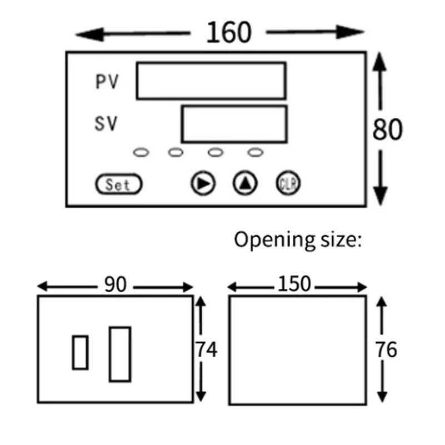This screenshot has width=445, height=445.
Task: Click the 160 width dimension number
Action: (228, 33)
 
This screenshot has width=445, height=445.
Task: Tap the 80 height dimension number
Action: (387, 129)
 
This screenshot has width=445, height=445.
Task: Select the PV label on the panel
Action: (106, 82)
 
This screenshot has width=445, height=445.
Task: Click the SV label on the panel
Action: (106, 124)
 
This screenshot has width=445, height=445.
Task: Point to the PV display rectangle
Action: (211, 81)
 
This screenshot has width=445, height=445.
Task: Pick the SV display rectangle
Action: (234, 124)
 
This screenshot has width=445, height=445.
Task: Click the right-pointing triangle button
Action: (203, 183)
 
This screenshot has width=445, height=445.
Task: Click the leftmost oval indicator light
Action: (141, 151)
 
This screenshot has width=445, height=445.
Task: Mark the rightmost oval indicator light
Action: (255, 151)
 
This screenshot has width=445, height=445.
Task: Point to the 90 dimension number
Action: (116, 284)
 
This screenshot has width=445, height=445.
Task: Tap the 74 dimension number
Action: (206, 349)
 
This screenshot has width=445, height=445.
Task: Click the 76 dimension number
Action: (386, 349)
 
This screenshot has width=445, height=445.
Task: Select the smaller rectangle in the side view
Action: (81, 352)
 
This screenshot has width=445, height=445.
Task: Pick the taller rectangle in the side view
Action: (120, 354)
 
